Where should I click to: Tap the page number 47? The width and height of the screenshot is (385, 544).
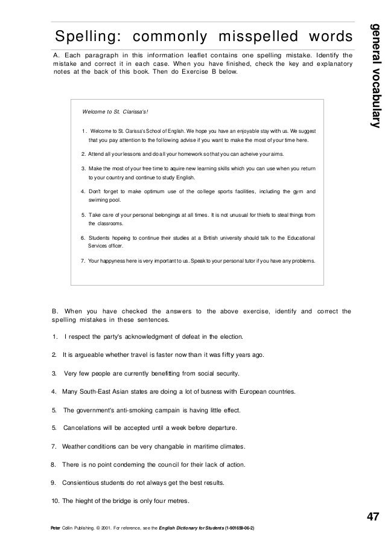pos(373,517)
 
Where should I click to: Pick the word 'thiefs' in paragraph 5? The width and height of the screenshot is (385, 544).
pos(261,213)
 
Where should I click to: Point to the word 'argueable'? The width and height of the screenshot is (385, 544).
pos(89,355)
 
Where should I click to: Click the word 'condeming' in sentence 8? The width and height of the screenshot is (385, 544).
pos(126,465)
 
